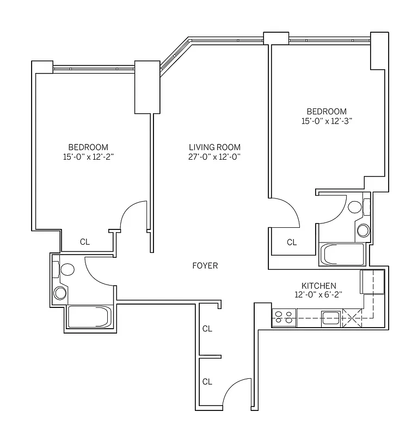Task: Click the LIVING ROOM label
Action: [x=214, y=147]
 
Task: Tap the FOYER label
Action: [x=205, y=266]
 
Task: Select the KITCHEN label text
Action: [x=319, y=286]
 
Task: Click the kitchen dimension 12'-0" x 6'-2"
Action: [x=319, y=295]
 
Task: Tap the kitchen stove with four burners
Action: [x=283, y=317]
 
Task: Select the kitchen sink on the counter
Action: [x=330, y=317]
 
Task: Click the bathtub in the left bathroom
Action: [x=90, y=317]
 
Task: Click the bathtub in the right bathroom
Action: [x=342, y=254]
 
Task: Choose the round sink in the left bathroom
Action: [x=60, y=293]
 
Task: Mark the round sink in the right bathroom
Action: [x=363, y=230]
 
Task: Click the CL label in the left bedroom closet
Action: [x=85, y=241]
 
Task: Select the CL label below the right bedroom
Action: [x=292, y=243]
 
